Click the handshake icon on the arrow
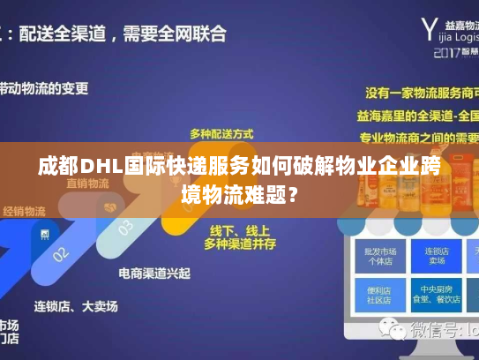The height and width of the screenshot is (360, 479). coord(109,207)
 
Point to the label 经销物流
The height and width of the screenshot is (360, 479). coord(24,212)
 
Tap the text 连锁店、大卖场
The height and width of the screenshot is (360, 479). coord(76,306)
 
